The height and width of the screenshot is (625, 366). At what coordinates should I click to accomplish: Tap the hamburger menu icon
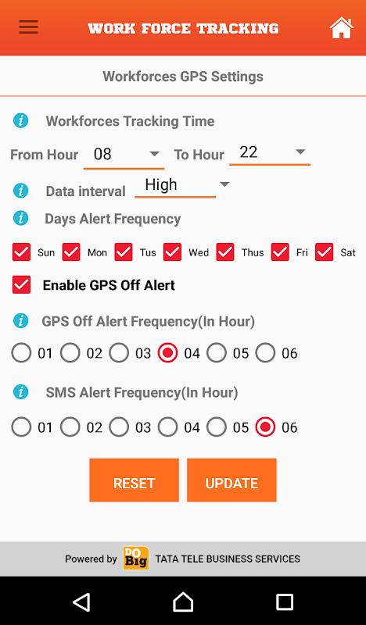[28, 27]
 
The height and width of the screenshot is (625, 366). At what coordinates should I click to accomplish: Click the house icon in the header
[341, 27]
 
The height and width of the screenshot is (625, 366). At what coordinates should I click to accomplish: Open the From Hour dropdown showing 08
[124, 155]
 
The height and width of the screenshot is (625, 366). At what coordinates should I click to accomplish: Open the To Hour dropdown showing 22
[270, 152]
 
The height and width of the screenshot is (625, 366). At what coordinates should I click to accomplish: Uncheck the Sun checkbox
[21, 252]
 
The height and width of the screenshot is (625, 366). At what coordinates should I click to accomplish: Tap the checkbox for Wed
[172, 252]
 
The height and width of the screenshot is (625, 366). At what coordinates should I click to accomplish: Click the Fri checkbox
[280, 252]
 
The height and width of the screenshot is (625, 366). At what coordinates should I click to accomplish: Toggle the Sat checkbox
[324, 252]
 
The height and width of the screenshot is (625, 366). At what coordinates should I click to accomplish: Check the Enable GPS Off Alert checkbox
[21, 285]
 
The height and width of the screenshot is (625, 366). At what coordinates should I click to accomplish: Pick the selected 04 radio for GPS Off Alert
[167, 353]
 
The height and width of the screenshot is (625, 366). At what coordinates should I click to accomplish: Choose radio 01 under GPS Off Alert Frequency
[21, 353]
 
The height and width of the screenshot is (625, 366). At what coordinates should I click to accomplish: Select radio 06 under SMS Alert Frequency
[265, 427]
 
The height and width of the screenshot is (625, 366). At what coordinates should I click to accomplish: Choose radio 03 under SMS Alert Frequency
[119, 427]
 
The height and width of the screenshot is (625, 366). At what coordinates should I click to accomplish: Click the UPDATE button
[231, 480]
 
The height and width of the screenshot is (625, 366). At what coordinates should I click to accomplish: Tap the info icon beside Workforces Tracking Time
[21, 120]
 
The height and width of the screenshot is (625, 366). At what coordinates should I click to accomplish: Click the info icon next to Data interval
[21, 191]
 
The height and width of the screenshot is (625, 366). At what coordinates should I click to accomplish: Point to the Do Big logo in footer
[136, 558]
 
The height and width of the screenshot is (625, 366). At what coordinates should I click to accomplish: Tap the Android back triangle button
[82, 602]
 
